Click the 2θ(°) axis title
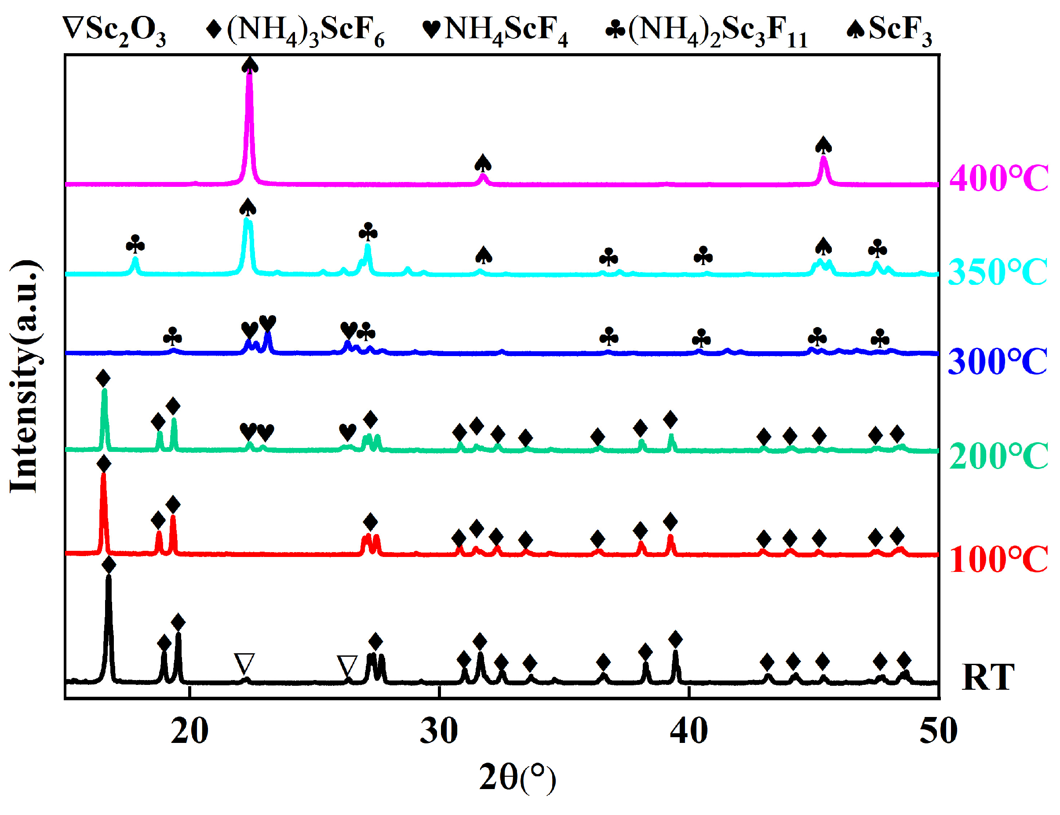[517, 778]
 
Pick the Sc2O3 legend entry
[114, 30]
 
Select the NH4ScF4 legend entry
[495, 30]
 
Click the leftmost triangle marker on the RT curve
[244, 664]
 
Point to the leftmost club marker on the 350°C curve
[135, 245]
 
